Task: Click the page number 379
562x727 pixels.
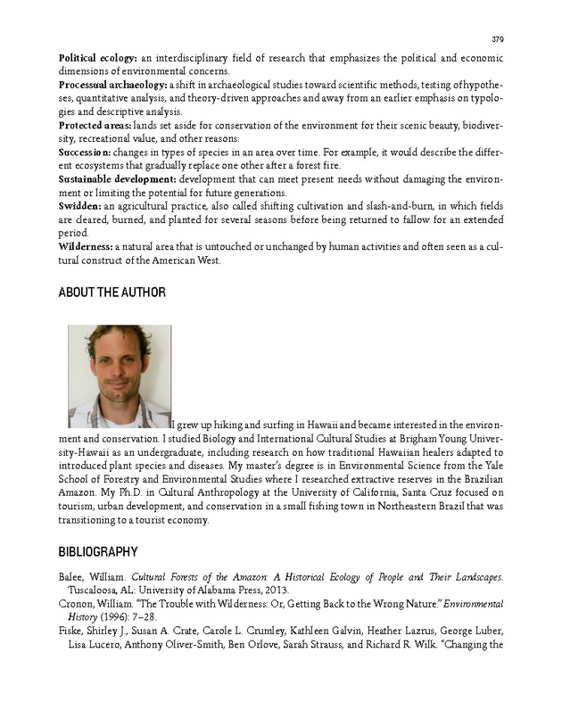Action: [x=498, y=39]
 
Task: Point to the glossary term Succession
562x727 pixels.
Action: [x=87, y=153]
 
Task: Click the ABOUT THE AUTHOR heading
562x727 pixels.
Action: [x=112, y=293]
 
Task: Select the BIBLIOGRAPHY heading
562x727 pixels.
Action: [x=98, y=552]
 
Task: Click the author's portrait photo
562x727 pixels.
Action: [x=120, y=376]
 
